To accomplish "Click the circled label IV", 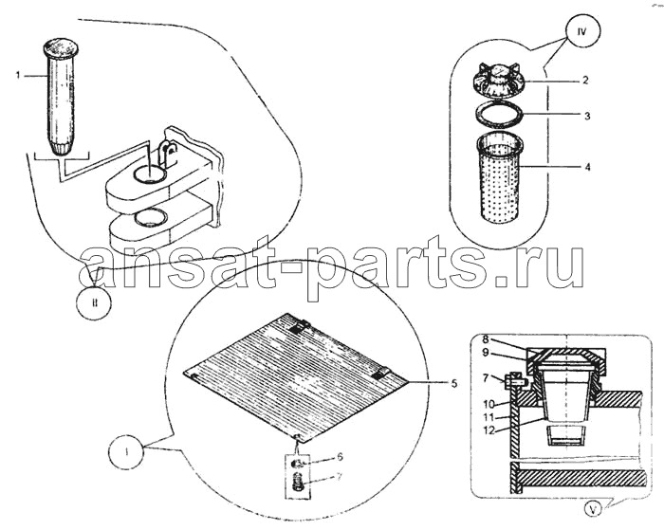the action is (582, 32).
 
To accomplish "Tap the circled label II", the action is (95, 302).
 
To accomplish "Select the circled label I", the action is (126, 452).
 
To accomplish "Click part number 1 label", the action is (18, 75).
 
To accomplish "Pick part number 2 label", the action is (585, 80).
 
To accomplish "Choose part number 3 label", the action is (587, 115).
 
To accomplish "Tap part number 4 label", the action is (587, 167).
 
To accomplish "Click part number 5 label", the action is (454, 384).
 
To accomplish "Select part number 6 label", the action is (340, 457).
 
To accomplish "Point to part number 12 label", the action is (489, 430).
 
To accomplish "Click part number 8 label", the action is (486, 339).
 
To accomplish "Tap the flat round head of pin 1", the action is (62, 47).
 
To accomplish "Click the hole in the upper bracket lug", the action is (149, 174).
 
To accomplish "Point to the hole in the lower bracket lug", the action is (151, 217).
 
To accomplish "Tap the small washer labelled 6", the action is (299, 463).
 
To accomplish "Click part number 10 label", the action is (489, 405).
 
